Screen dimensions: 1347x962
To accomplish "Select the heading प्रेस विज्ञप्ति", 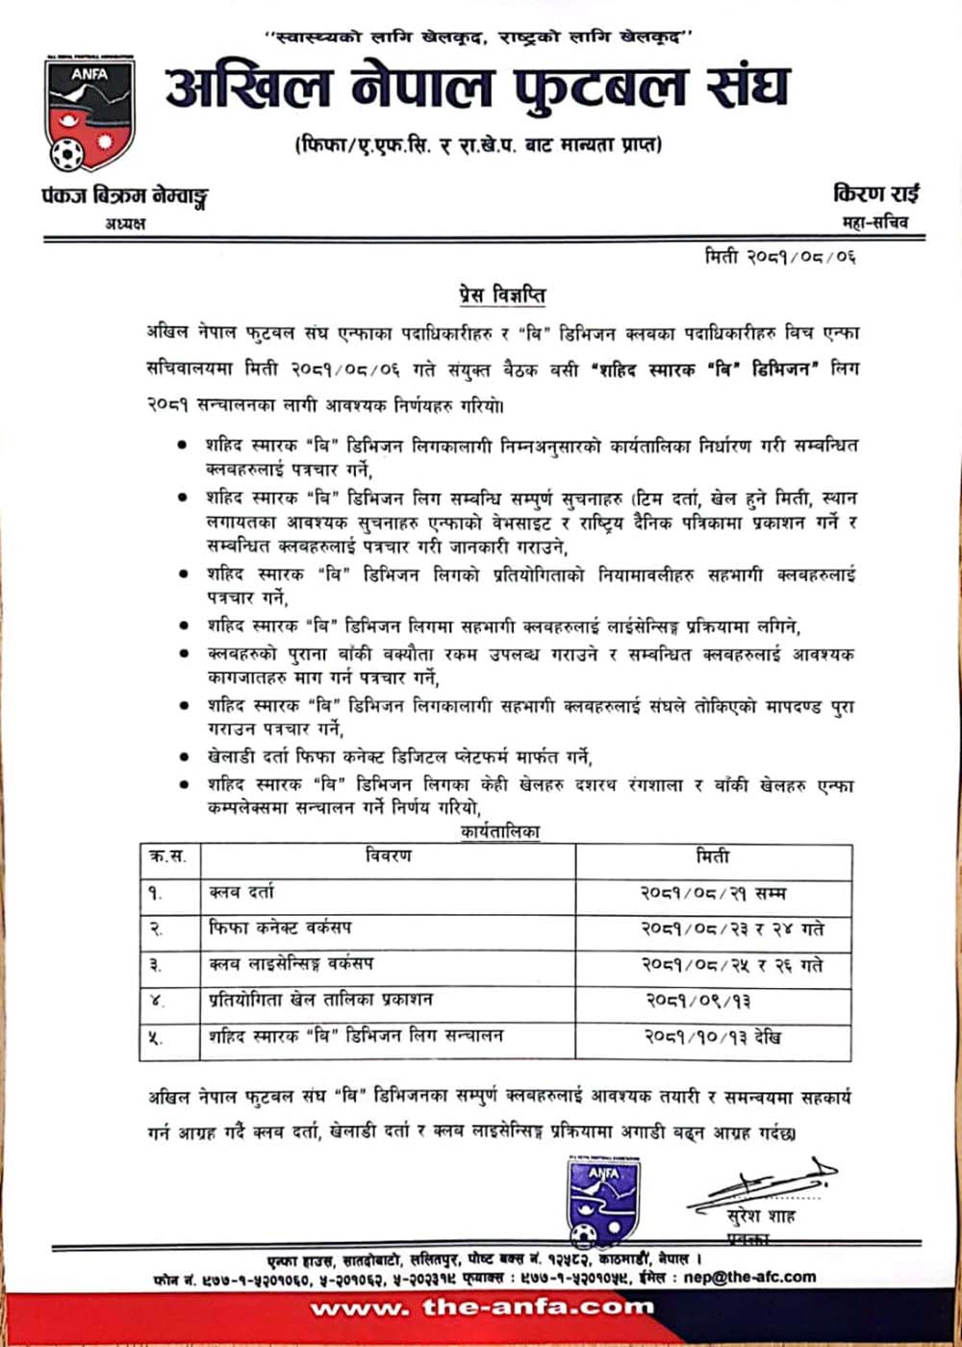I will (501, 294).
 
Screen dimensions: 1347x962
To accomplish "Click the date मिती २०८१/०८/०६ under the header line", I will (779, 256).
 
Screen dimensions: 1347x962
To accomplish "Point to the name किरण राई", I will (875, 193).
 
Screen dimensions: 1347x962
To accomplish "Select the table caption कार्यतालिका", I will (500, 831).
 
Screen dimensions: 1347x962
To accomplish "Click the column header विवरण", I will (389, 856).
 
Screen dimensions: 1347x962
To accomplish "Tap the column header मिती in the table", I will (713, 856).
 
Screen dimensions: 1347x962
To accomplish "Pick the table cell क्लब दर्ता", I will (241, 893).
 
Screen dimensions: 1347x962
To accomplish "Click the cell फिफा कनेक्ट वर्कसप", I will (280, 928).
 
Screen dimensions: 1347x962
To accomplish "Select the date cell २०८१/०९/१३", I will (698, 1001).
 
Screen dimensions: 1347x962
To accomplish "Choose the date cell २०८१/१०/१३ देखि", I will (713, 1037).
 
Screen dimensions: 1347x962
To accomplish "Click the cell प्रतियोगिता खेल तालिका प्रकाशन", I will (320, 1001).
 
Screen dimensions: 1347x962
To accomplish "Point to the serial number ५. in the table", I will (156, 1038).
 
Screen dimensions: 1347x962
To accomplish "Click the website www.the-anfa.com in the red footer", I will (481, 1308).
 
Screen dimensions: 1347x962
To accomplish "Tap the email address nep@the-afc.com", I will (749, 1278).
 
